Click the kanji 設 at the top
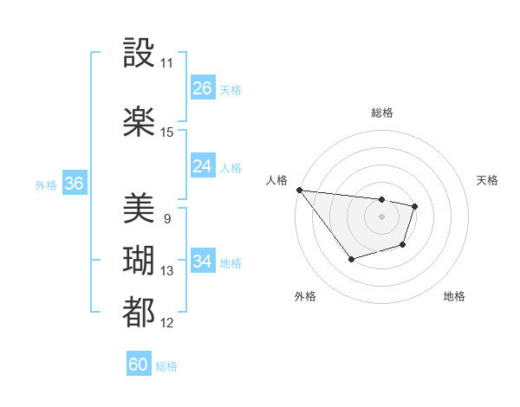pyautogui.click(x=139, y=53)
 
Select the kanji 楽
pyautogui.click(x=139, y=121)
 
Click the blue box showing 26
pyautogui.click(x=203, y=88)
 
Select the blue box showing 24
pyautogui.click(x=203, y=166)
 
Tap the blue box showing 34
pyautogui.click(x=203, y=262)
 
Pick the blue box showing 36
pyautogui.click(x=75, y=184)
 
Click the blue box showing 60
pyautogui.click(x=139, y=365)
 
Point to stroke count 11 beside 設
pyautogui.click(x=167, y=63)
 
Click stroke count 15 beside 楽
pyautogui.click(x=167, y=132)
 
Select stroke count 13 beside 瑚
pyautogui.click(x=167, y=271)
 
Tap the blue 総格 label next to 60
pyautogui.click(x=166, y=366)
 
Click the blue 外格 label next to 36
pyautogui.click(x=46, y=184)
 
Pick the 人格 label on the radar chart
pyautogui.click(x=277, y=180)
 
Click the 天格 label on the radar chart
pyautogui.click(x=487, y=180)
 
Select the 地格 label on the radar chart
pyautogui.click(x=454, y=296)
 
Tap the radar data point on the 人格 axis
pyautogui.click(x=299, y=190)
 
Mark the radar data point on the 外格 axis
pyautogui.click(x=351, y=259)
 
